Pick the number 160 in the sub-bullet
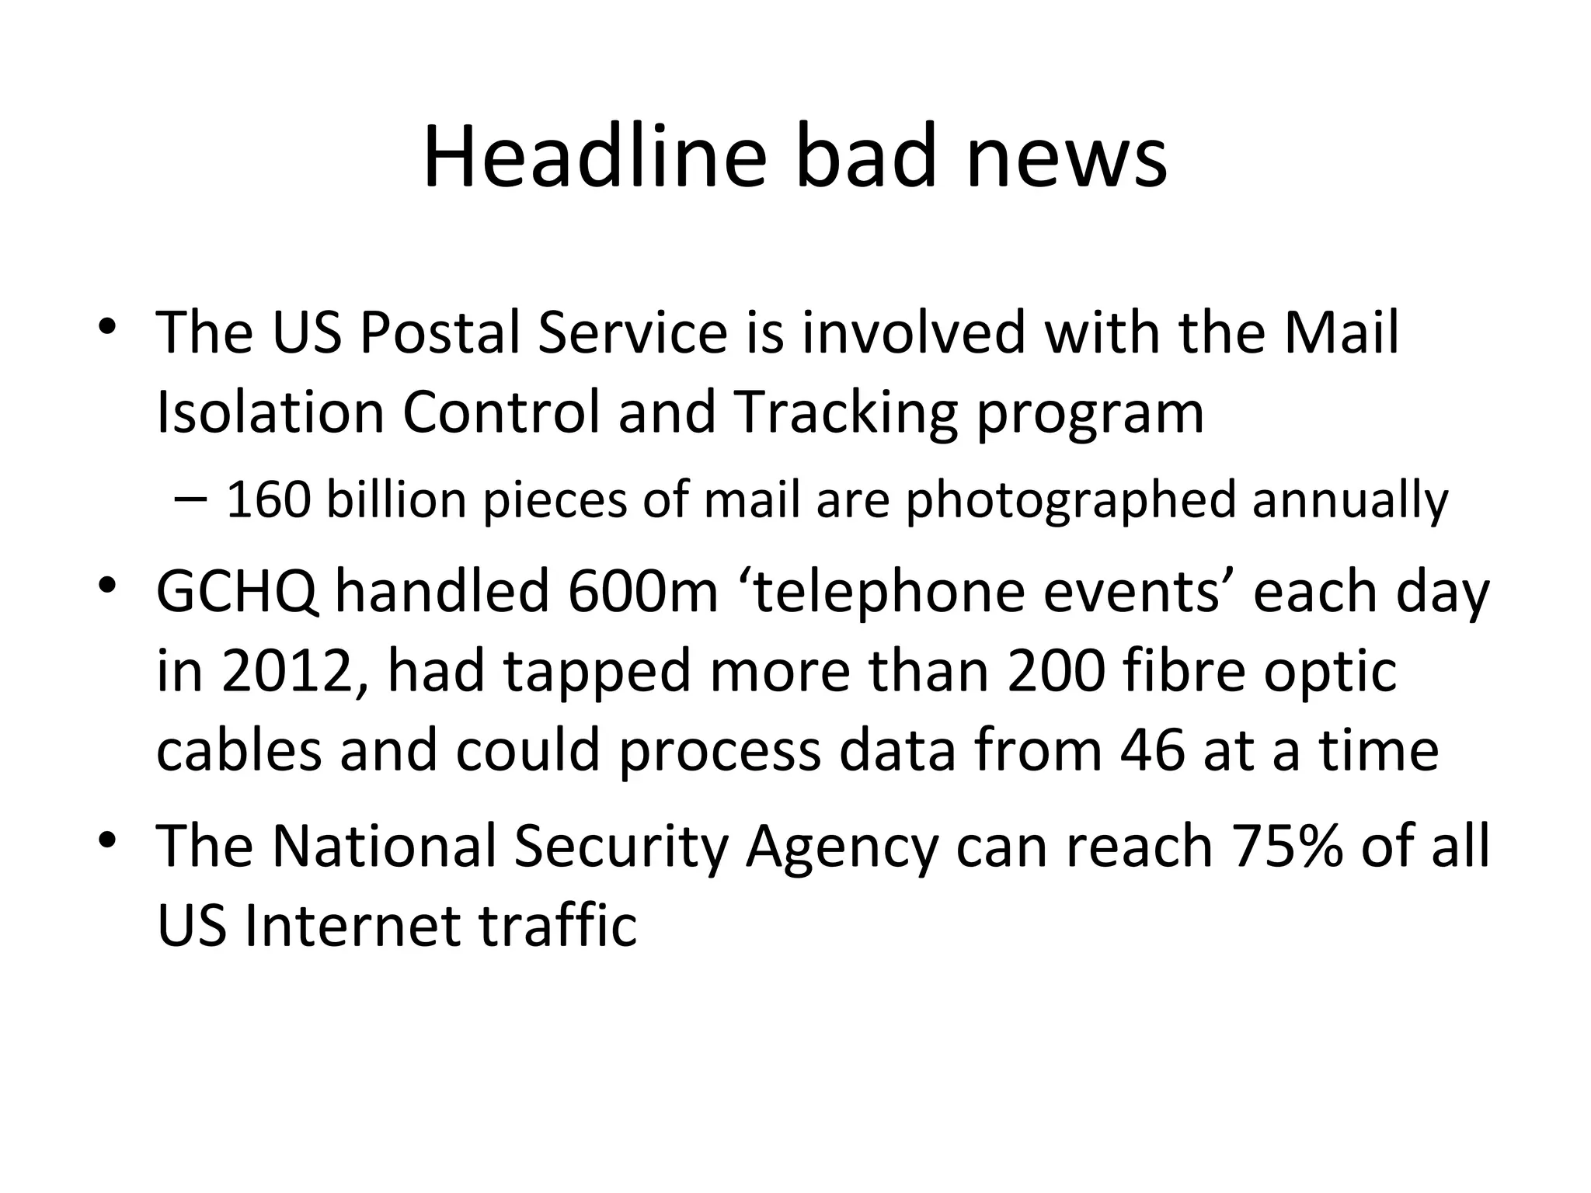(x=268, y=499)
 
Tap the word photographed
(x=1071, y=501)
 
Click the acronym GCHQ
(x=237, y=592)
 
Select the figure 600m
(x=643, y=591)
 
